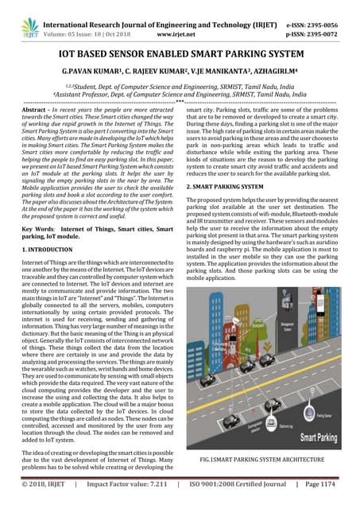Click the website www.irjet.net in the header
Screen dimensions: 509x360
click(179, 24)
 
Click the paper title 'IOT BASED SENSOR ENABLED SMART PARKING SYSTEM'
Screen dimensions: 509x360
click(180, 52)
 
